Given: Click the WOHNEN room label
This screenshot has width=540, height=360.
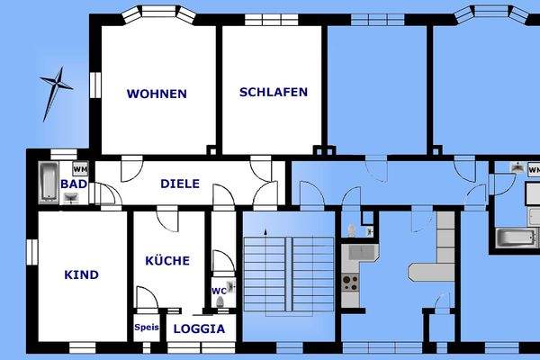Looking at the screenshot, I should point(157,94).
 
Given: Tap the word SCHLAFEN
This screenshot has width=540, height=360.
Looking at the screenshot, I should point(274,92).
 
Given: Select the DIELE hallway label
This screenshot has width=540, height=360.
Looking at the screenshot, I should point(180,184).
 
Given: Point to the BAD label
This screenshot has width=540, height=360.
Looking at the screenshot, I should point(73,184).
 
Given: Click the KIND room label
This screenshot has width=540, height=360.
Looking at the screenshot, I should point(82,274).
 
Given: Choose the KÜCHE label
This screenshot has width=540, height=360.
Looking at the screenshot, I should point(167,261).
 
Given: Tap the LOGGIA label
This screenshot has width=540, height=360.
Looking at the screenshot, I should point(199,328).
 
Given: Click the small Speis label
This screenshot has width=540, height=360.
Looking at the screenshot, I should point(147,328).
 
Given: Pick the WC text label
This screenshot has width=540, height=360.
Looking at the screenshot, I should point(218,291).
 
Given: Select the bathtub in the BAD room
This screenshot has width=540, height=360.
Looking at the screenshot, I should point(48,183).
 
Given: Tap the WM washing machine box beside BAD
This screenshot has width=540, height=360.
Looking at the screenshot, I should point(80,168).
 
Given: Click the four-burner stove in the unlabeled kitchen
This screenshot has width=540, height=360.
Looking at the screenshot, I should point(350,281).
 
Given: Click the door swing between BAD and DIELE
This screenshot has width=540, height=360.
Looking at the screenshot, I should point(105,195).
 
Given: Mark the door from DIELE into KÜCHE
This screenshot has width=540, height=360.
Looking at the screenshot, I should point(166,219).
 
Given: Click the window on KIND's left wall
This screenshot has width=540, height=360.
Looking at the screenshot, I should point(30,252).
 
